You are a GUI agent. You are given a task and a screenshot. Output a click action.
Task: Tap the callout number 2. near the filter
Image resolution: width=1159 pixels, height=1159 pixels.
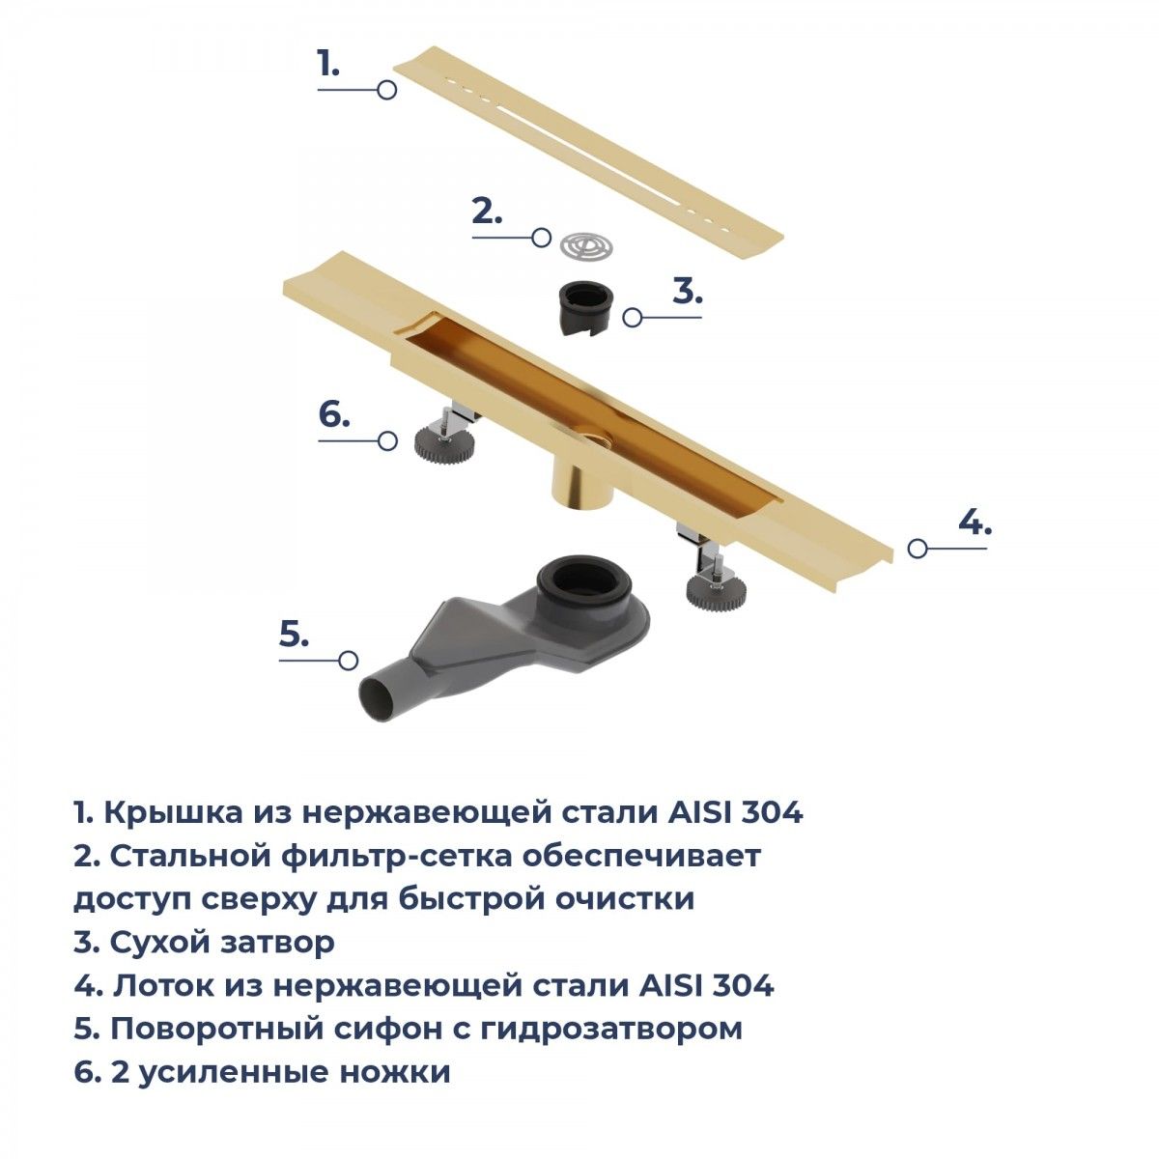[487, 212]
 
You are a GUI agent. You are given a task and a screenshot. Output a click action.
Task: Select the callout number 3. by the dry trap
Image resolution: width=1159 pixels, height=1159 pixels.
[688, 292]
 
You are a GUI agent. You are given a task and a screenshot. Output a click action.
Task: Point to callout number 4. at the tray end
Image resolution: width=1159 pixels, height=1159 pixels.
[975, 523]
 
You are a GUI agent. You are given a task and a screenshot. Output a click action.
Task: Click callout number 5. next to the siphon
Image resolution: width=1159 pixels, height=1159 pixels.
[294, 635]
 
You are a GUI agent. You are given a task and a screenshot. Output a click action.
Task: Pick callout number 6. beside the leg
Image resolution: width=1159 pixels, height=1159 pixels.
[334, 414]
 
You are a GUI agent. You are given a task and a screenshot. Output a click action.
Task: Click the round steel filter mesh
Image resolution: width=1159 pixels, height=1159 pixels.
[586, 245]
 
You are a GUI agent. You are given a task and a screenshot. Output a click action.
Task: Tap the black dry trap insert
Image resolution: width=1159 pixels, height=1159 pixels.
[586, 307]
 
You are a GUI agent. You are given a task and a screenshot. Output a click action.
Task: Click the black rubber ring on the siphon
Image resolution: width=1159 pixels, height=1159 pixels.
[583, 579]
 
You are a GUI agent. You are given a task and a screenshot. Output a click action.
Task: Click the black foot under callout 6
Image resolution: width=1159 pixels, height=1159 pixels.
[444, 442]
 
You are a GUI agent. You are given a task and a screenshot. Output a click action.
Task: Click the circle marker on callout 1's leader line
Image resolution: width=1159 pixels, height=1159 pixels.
[386, 90]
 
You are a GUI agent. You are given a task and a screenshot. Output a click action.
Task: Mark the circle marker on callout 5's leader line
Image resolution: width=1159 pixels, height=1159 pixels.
[349, 661]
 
